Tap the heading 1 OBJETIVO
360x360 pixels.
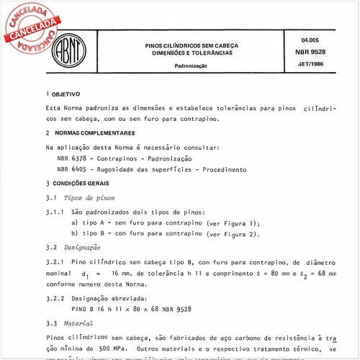point(63,94)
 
